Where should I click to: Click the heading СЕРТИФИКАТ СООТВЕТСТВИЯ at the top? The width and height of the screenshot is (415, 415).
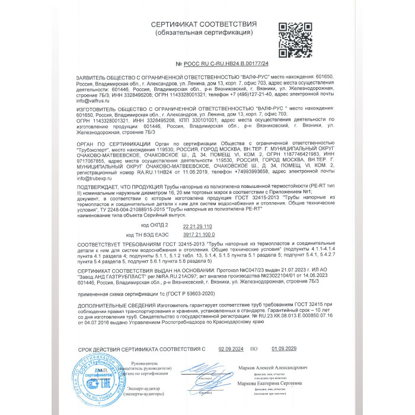coord(203,24)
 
